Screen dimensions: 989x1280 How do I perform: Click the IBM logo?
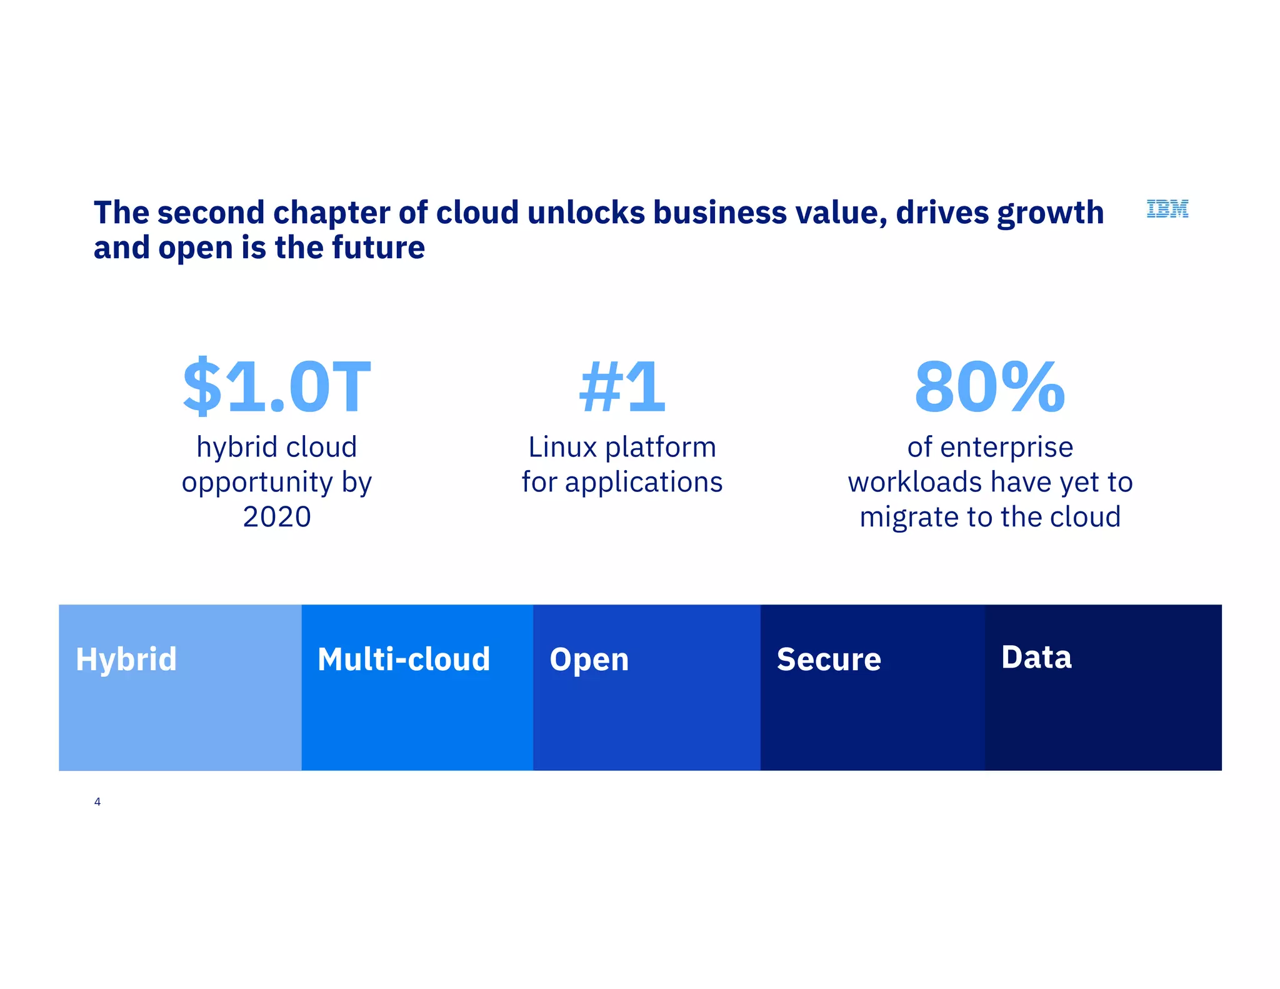1167,209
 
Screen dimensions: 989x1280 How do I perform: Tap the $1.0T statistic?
277,387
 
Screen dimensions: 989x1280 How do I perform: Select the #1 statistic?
622,387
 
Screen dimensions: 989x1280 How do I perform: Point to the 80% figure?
989,387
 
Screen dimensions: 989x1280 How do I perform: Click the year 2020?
277,517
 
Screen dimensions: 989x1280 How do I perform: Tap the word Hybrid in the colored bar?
126,659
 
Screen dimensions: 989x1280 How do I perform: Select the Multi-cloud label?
404,659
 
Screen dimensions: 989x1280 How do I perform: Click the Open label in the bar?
589,660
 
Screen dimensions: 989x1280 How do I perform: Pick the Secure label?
829,660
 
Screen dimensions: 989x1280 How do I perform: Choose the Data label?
1036,657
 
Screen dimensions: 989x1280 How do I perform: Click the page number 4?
97,801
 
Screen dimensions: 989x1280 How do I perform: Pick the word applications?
644,483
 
